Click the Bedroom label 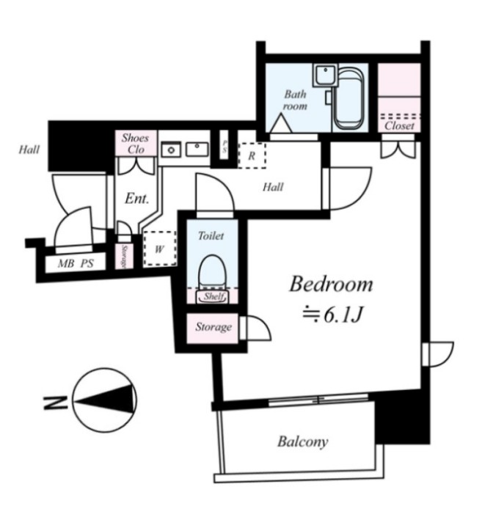pyautogui.click(x=331, y=284)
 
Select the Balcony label pyautogui.click(x=303, y=442)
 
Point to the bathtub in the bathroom pyautogui.click(x=349, y=99)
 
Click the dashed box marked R pyautogui.click(x=252, y=155)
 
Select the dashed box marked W pyautogui.click(x=160, y=249)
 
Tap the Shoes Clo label pyautogui.click(x=135, y=144)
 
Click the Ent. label pyautogui.click(x=137, y=199)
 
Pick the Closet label pyautogui.click(x=399, y=126)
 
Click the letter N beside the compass pyautogui.click(x=51, y=403)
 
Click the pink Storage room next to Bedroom pyautogui.click(x=212, y=328)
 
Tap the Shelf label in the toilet pyautogui.click(x=213, y=296)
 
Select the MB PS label pyautogui.click(x=76, y=264)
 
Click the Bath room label pyautogui.click(x=295, y=100)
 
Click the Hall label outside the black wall pyautogui.click(x=29, y=150)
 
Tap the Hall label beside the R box pyautogui.click(x=273, y=187)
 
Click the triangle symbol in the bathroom pyautogui.click(x=281, y=123)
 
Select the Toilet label pyautogui.click(x=211, y=235)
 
